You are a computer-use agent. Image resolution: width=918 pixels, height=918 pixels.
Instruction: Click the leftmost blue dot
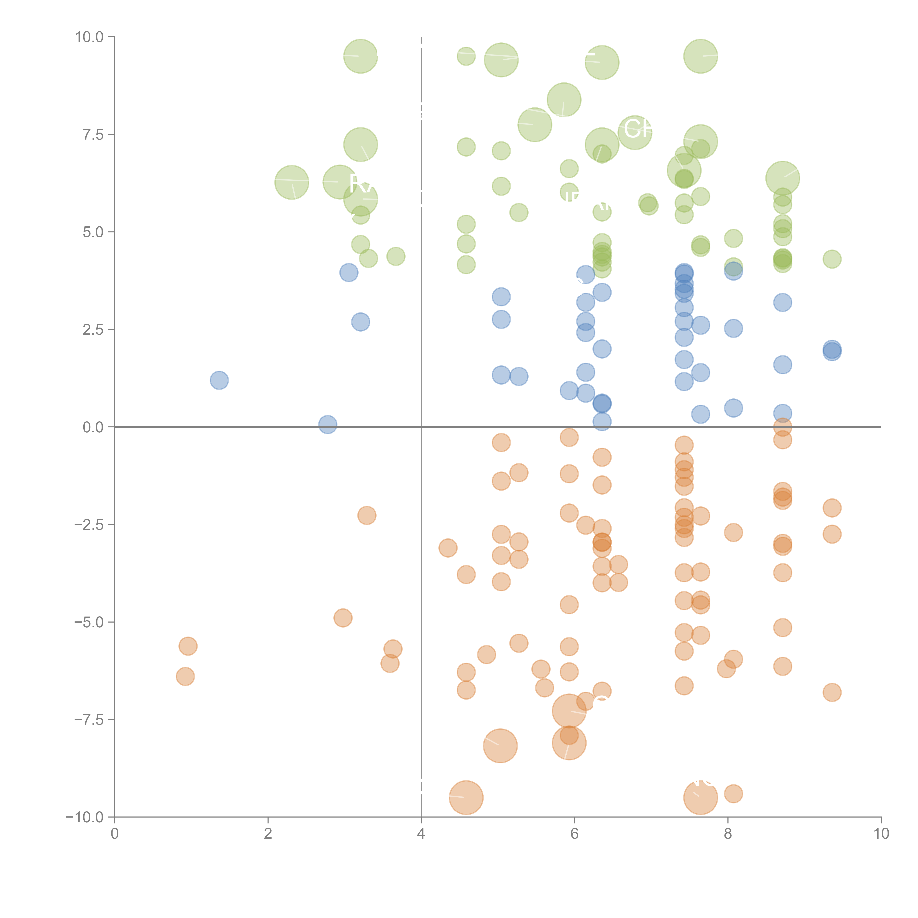[219, 380]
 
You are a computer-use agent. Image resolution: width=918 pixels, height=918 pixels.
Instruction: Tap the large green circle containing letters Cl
[635, 132]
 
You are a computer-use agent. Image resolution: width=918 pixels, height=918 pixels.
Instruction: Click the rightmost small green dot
[832, 259]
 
